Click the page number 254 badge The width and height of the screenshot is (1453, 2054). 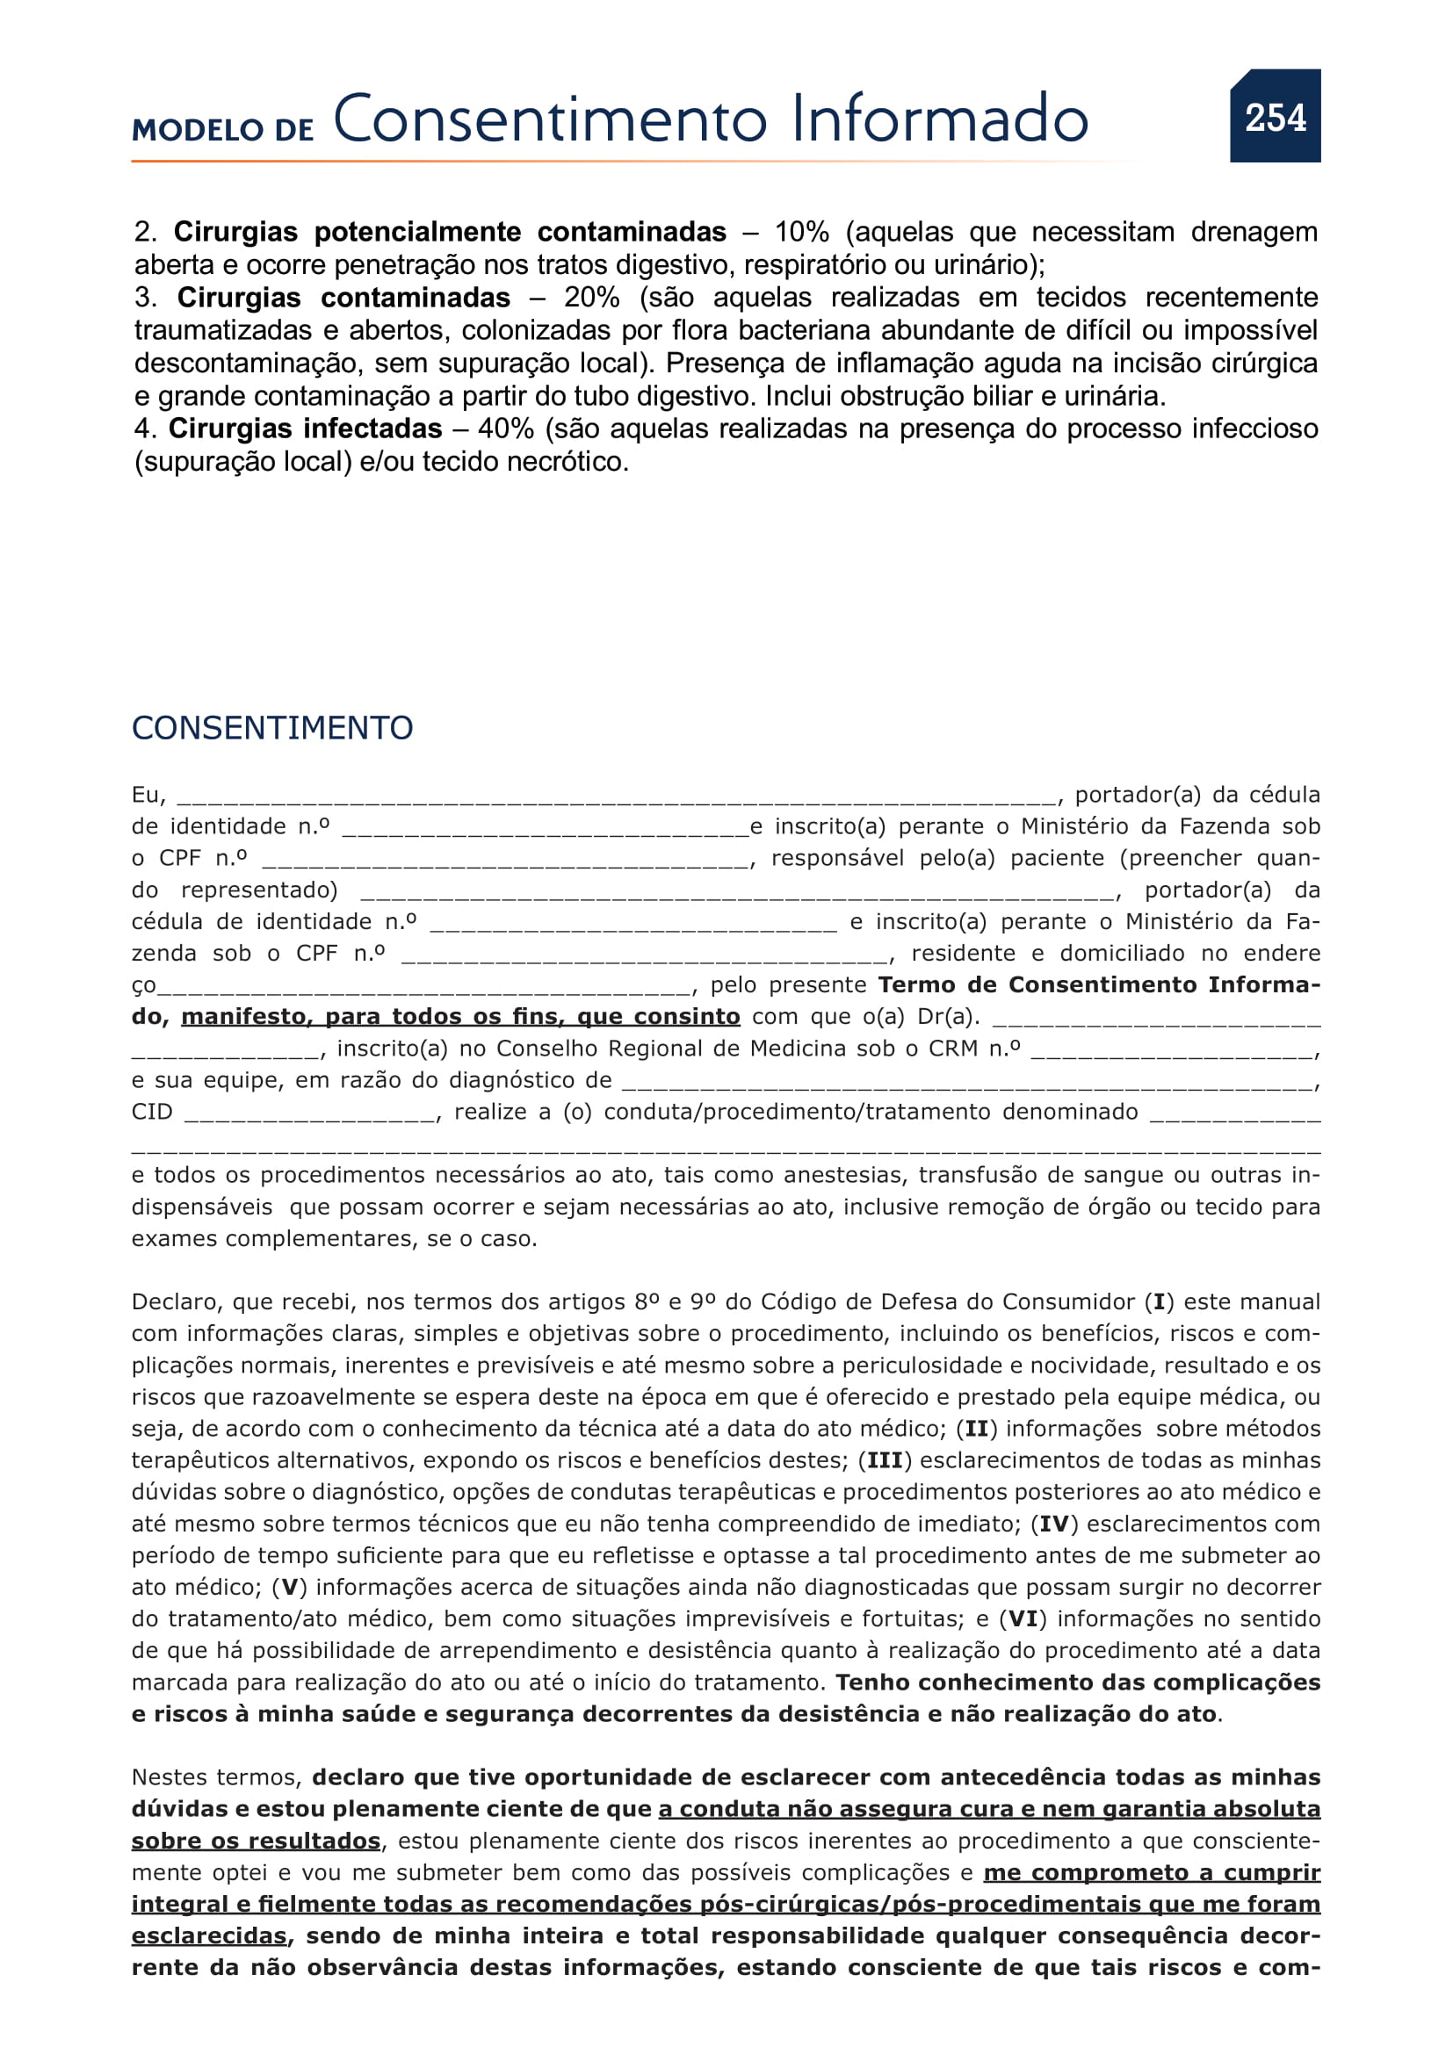tap(1275, 117)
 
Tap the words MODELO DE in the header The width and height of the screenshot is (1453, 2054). tap(223, 130)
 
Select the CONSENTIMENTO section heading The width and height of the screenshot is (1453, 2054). tap(272, 728)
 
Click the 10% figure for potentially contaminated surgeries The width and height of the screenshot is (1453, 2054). tap(802, 232)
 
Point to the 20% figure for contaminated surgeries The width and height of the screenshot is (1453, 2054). tap(591, 297)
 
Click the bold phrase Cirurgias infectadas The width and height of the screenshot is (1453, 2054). tap(305, 429)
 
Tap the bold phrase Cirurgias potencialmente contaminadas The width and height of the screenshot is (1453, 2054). tap(449, 232)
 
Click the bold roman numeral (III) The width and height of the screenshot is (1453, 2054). tap(885, 1460)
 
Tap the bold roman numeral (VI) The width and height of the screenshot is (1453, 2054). tap(1023, 1618)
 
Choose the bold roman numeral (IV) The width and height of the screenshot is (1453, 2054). tap(1055, 1524)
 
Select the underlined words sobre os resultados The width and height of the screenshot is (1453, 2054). tap(256, 1841)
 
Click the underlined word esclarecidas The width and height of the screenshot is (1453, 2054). tap(208, 1935)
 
